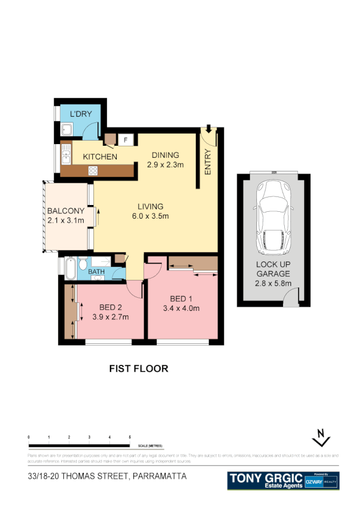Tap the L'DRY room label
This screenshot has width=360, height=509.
pyautogui.click(x=80, y=114)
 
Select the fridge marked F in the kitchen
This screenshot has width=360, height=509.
pyautogui.click(x=125, y=139)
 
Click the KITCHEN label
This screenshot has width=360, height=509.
pyautogui.click(x=100, y=157)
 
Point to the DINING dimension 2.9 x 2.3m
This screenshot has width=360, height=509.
pyautogui.click(x=165, y=165)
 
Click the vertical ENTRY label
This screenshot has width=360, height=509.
pyautogui.click(x=208, y=162)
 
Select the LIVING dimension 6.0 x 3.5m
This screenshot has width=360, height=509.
pyautogui.click(x=150, y=216)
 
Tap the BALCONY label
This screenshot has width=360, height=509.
pyautogui.click(x=66, y=210)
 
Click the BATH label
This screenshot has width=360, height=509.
pyautogui.click(x=96, y=272)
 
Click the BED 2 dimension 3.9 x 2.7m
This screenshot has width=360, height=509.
pyautogui.click(x=111, y=317)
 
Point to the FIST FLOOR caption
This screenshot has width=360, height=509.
pyautogui.click(x=138, y=368)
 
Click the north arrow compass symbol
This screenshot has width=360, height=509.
pyautogui.click(x=322, y=439)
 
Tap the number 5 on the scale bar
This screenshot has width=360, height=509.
pyautogui.click(x=130, y=436)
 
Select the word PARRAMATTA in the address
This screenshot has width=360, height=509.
pyautogui.click(x=159, y=476)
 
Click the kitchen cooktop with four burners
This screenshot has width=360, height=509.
pyautogui.click(x=92, y=170)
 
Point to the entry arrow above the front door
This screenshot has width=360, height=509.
pyautogui.click(x=209, y=129)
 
